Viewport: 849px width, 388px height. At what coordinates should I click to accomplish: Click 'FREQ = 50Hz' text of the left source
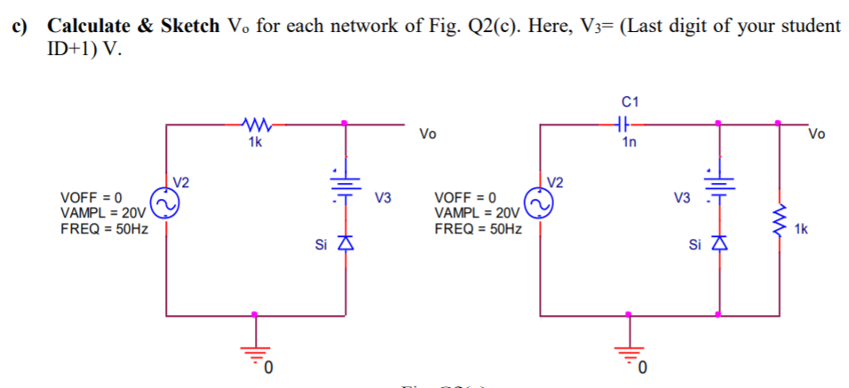[103, 228]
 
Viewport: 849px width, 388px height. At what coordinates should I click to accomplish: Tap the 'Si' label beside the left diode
[321, 243]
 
